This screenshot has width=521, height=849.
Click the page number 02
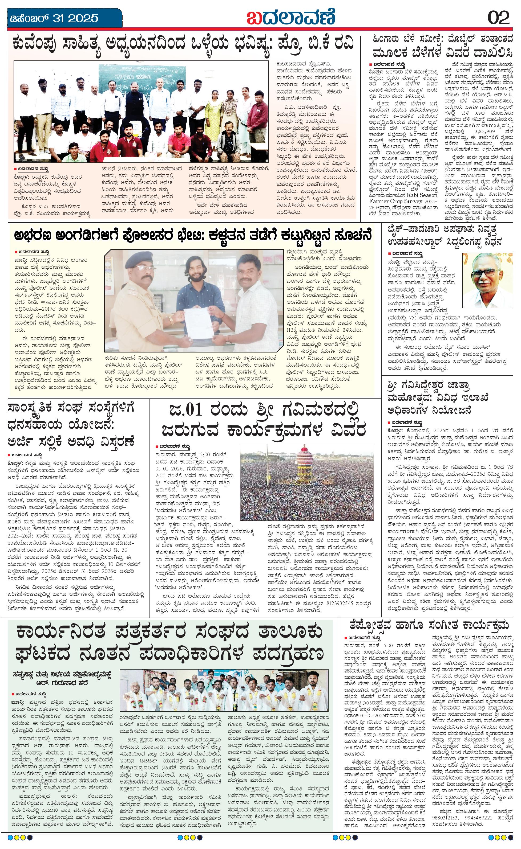499,17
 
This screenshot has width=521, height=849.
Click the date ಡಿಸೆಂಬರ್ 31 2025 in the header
54,18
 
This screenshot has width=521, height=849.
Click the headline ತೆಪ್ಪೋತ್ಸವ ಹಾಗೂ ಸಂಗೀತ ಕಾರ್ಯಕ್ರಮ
429,624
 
